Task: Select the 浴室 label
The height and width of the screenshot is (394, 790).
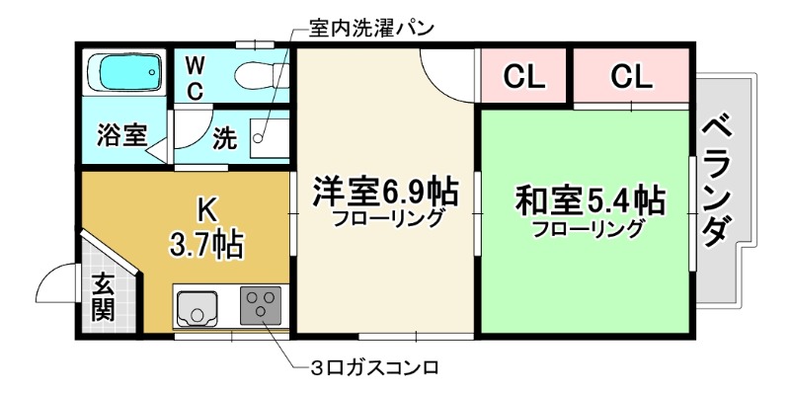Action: [122, 136]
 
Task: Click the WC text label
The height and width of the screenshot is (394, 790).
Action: [197, 78]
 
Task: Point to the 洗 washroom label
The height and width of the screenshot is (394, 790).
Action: [226, 138]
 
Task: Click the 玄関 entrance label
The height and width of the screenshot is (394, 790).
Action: [102, 297]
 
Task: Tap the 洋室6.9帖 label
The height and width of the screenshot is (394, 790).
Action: [377, 189]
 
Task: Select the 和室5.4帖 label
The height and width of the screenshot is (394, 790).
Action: [589, 199]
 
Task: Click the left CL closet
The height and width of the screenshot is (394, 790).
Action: [523, 76]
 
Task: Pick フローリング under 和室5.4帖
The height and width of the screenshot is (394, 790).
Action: [589, 230]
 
